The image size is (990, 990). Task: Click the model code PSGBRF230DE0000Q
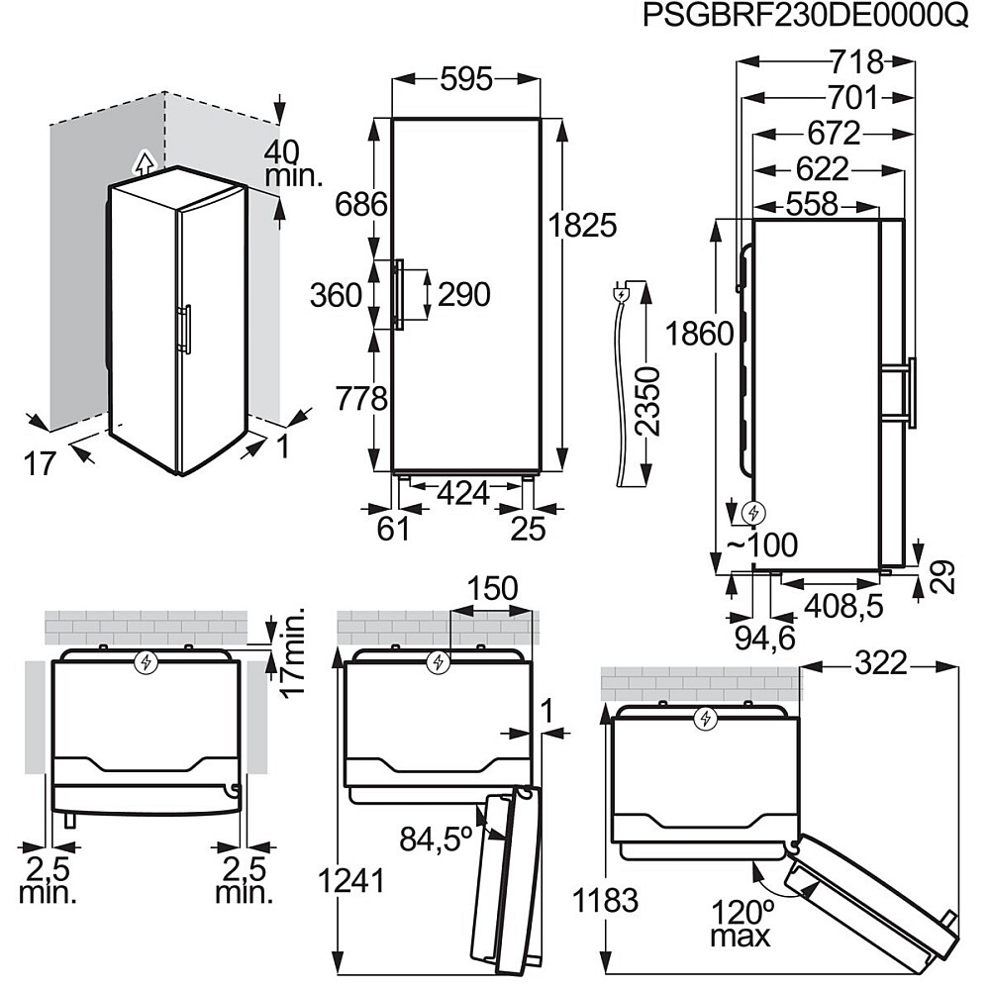[804, 17]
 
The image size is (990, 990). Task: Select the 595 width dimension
[465, 79]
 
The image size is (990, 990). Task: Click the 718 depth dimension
[855, 61]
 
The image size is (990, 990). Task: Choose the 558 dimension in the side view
[812, 204]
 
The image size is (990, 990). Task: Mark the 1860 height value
[701, 333]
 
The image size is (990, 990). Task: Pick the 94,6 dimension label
[764, 639]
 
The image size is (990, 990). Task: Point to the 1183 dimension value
[604, 901]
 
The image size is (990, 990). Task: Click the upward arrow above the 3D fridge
[145, 161]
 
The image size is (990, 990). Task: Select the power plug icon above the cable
[622, 293]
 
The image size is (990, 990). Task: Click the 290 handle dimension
[463, 294]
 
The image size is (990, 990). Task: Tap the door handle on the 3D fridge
[183, 330]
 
